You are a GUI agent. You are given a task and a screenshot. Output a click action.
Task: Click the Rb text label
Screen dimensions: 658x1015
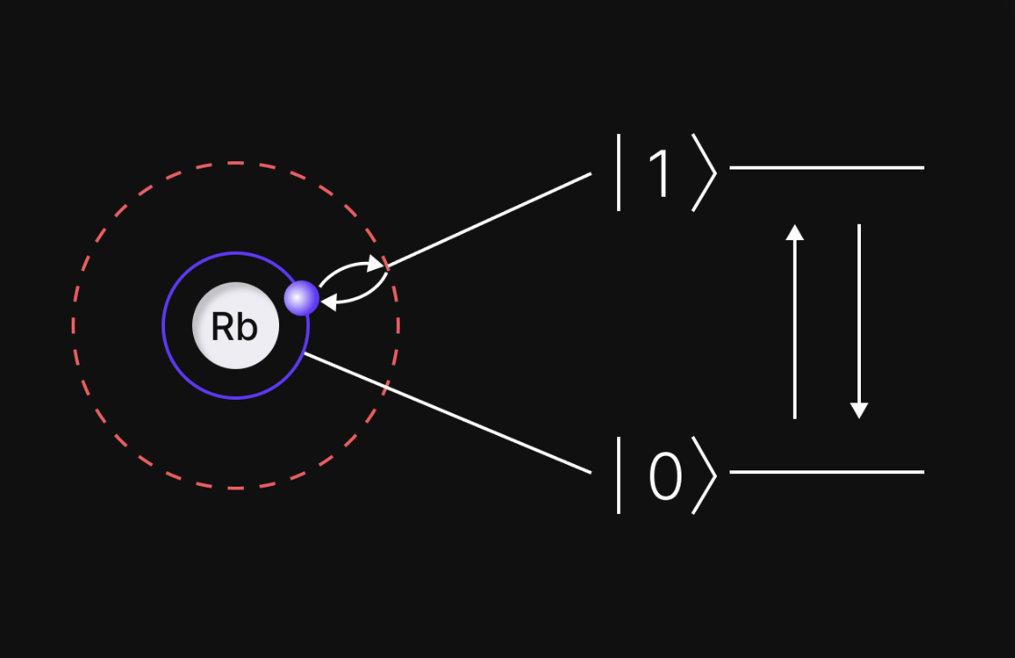[234, 326]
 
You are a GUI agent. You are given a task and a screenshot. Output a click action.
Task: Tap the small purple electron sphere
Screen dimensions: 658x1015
[302, 298]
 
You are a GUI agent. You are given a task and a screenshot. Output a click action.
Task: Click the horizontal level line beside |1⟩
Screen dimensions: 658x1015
[826, 168]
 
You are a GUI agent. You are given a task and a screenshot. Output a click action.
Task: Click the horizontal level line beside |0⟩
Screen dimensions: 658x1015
[826, 472]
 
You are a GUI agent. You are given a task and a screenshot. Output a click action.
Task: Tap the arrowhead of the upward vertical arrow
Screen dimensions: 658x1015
[795, 232]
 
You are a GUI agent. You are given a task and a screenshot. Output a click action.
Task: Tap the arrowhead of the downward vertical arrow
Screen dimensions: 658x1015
[859, 410]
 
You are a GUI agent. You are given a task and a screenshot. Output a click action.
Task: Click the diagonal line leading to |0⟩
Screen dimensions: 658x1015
[449, 413]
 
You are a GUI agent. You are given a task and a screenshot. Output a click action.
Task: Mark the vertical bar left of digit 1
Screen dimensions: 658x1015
[619, 172]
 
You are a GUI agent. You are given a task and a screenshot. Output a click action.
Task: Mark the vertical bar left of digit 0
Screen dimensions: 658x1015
[619, 475]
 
